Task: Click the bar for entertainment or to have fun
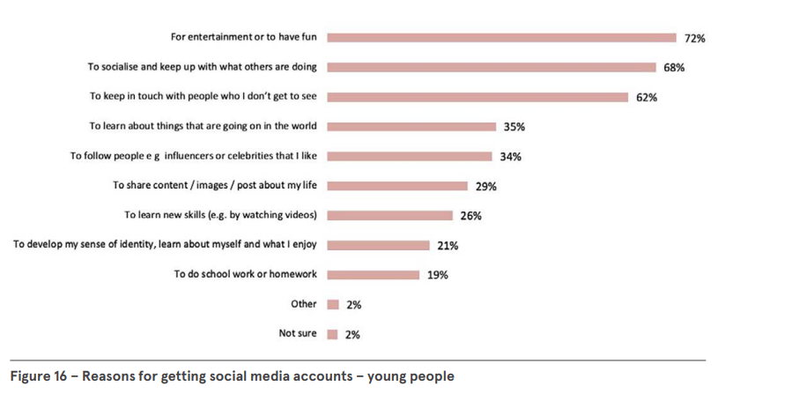pyautogui.click(x=500, y=38)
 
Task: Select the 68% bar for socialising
pyautogui.click(x=491, y=67)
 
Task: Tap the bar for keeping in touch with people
pyautogui.click(x=477, y=97)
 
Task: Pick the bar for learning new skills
pyautogui.click(x=389, y=215)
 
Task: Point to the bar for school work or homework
pyautogui.click(x=373, y=275)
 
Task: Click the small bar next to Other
pyautogui.click(x=333, y=304)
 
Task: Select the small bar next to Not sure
pyautogui.click(x=333, y=334)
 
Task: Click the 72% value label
pyautogui.click(x=694, y=38)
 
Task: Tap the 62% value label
pyautogui.click(x=647, y=97)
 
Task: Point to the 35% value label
pyautogui.click(x=515, y=127)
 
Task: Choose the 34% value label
pyautogui.click(x=510, y=157)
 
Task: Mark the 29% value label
pyautogui.click(x=485, y=186)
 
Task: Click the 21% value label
pyautogui.click(x=448, y=245)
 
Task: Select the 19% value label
pyautogui.click(x=438, y=275)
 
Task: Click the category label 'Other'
pyautogui.click(x=304, y=304)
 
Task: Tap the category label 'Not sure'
pyautogui.click(x=298, y=334)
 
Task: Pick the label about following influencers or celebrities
pyautogui.click(x=194, y=156)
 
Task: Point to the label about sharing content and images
pyautogui.click(x=215, y=186)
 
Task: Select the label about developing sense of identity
pyautogui.click(x=165, y=245)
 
